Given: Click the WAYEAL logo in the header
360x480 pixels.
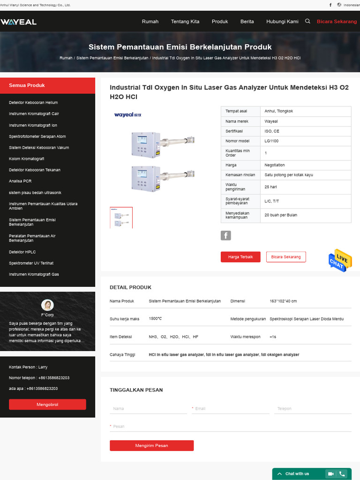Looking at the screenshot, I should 18,22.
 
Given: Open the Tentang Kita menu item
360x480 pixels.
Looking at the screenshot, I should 185,22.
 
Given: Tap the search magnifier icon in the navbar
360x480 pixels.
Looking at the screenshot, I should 307,21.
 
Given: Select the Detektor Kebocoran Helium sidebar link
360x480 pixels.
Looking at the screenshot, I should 33,103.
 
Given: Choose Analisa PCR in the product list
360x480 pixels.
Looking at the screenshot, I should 20,181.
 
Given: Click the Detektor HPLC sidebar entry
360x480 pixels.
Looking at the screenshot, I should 22,252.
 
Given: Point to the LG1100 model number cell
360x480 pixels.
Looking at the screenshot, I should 271,141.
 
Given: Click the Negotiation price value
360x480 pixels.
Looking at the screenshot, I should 275,165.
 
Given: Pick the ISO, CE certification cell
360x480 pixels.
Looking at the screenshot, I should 272,131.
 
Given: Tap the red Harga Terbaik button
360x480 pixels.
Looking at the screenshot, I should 240,257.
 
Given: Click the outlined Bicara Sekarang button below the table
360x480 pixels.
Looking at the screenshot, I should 286,257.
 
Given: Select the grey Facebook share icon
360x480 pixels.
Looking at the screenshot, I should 226,235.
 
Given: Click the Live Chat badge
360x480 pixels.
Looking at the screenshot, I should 340,261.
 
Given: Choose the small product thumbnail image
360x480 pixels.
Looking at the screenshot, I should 121,218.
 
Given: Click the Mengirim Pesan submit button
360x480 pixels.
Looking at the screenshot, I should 151,445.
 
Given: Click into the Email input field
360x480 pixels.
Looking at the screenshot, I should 232,409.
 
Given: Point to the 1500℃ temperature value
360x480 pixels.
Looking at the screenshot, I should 156,319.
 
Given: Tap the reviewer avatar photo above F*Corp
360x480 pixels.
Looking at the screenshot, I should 47,305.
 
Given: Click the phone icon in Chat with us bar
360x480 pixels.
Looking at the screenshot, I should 343,474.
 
